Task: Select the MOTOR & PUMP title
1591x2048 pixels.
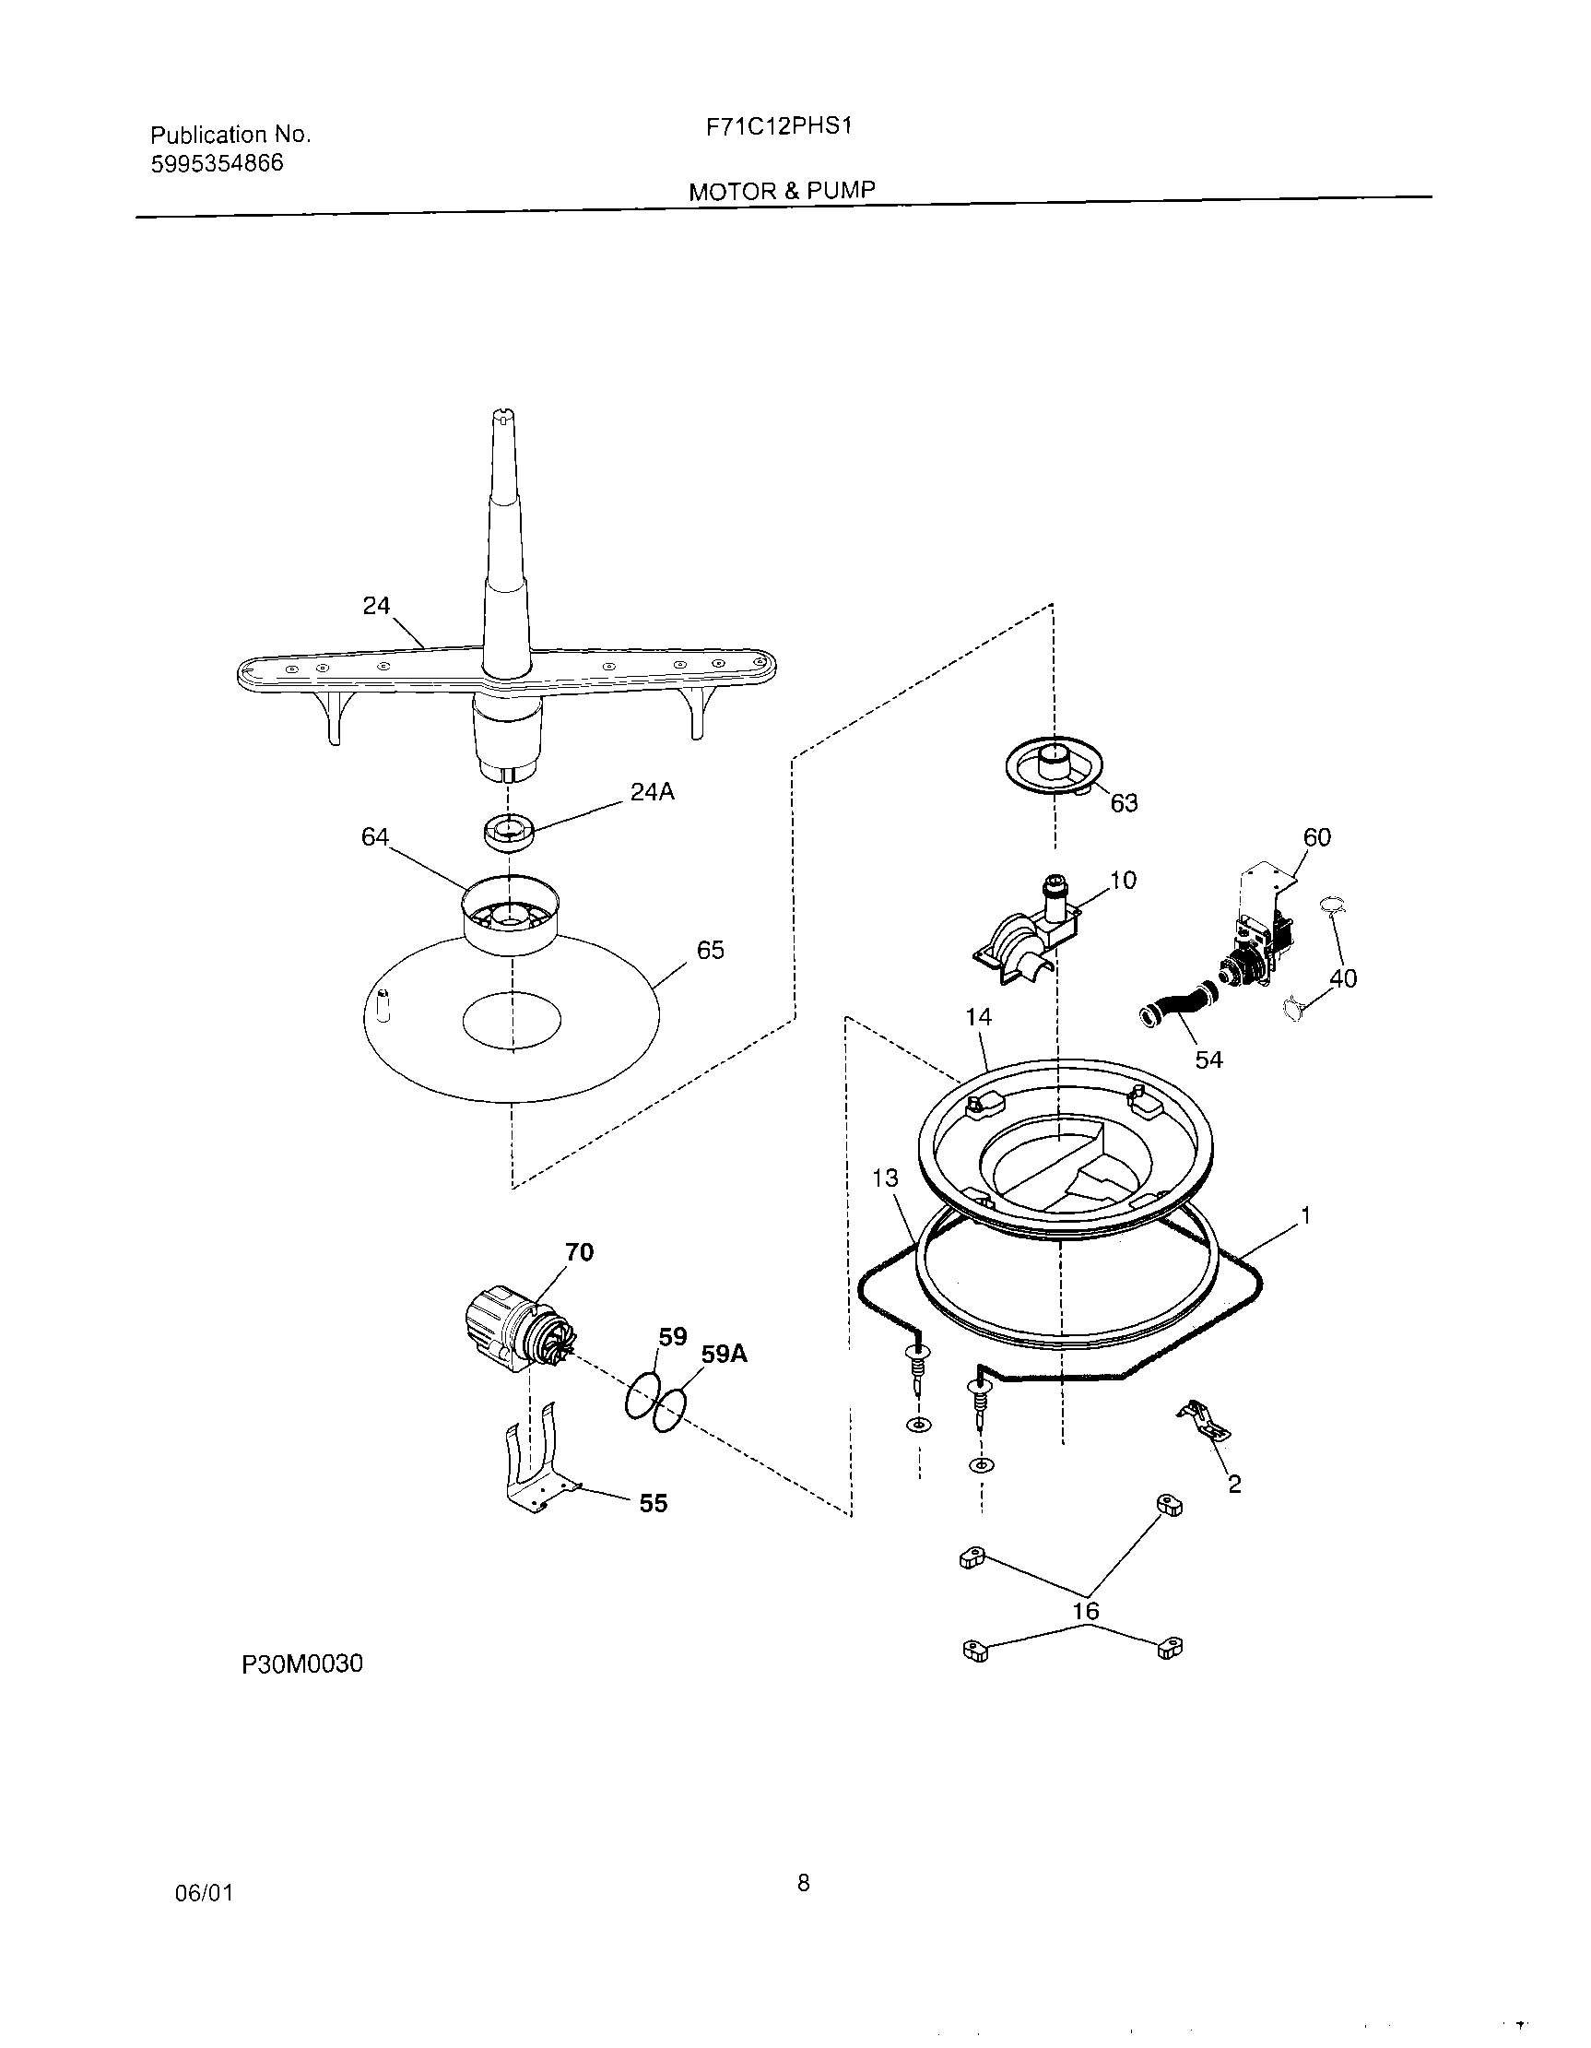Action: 782,191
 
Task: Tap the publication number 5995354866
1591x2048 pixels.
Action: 217,164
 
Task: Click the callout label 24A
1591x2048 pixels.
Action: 652,792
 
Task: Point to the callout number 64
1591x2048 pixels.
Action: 375,836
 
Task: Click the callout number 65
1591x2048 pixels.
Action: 710,950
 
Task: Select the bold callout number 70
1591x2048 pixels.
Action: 580,1252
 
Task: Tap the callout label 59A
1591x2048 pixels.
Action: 724,1354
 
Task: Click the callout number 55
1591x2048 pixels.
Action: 653,1503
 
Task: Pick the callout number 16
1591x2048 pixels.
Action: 1085,1611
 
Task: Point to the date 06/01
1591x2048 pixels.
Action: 204,1893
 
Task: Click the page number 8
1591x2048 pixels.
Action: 803,1882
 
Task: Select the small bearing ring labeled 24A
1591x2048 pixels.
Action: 508,832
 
